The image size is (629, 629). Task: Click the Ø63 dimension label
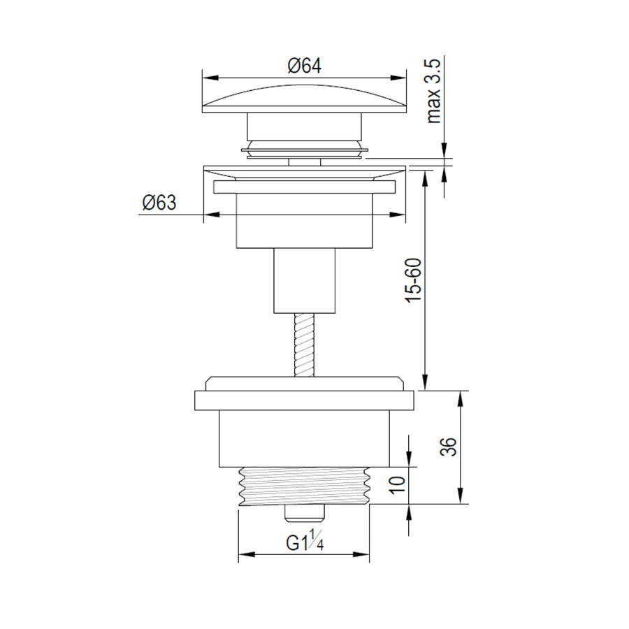tap(159, 203)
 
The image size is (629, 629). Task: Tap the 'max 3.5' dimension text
tap(433, 92)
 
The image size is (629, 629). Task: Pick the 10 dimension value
tap(398, 485)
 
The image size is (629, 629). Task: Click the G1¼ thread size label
tap(304, 543)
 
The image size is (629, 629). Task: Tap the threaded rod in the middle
tap(304, 347)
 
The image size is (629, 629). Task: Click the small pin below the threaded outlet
tap(305, 514)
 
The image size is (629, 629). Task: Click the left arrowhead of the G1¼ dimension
tap(243, 556)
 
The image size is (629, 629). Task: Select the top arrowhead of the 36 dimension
tap(460, 396)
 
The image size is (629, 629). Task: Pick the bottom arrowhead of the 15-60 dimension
tap(424, 385)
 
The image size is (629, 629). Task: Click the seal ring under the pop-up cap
tap(304, 150)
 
